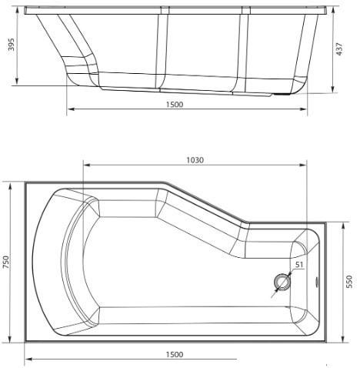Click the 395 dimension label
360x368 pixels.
pos(12,45)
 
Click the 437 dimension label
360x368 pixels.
pos(339,49)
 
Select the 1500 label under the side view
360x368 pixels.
pos(175,105)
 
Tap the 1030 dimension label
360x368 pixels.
pos(195,160)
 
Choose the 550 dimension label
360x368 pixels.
pos(349,282)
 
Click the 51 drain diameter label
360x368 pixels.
pos(299,265)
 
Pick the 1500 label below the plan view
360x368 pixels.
pos(175,354)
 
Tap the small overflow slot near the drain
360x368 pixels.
pos(318,282)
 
